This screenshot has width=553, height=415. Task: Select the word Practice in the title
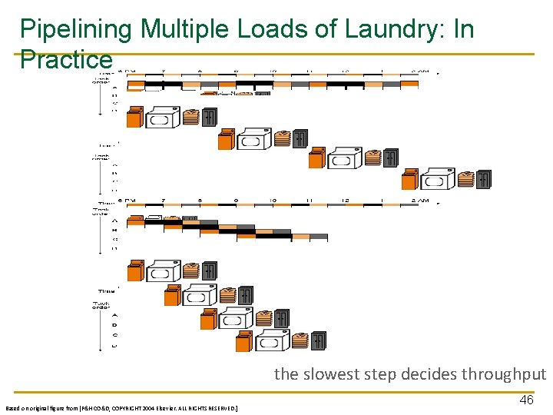coord(66,59)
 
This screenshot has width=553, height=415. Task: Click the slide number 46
coord(526,400)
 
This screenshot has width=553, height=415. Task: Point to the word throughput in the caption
coord(504,374)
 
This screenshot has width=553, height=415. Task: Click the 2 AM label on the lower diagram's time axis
coord(419,201)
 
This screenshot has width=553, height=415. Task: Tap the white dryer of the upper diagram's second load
coord(253,140)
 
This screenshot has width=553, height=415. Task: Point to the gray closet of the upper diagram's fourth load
coord(483,179)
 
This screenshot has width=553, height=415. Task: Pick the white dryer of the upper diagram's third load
coord(343,159)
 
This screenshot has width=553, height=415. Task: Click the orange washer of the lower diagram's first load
coord(136,271)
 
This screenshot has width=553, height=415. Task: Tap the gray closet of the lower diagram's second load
coord(246,294)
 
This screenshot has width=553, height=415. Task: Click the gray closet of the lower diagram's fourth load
coord(318,340)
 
